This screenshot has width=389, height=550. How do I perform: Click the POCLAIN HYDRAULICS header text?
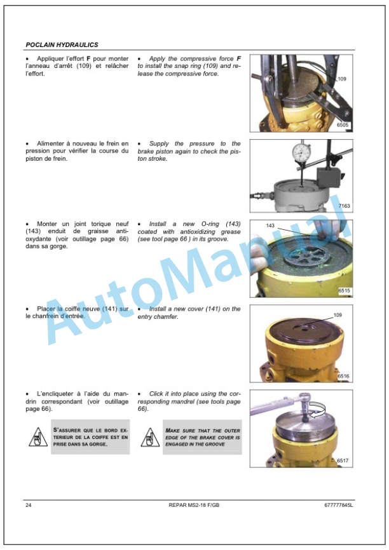coord(62,45)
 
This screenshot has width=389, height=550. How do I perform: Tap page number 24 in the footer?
coord(29,505)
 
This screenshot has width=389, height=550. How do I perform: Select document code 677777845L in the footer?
coord(338,505)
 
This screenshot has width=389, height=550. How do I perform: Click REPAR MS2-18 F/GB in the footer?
coord(194,505)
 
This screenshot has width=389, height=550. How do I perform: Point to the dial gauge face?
coord(301,151)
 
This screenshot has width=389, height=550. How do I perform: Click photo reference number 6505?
coord(343,125)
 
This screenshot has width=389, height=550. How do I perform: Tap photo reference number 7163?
coord(344,206)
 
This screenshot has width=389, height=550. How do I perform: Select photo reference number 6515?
coord(344,291)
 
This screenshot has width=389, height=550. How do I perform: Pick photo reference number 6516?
coord(343,376)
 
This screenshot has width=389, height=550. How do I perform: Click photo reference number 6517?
coord(343,460)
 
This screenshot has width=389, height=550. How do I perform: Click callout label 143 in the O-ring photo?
coord(270,225)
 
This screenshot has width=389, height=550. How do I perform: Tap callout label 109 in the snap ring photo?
coord(342,79)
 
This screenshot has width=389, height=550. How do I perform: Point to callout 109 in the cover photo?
coord(338,315)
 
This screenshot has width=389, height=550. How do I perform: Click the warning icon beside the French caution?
coord(38,437)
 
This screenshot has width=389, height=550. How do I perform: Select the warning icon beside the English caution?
coord(150,437)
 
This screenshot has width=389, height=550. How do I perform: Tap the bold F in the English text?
coord(239,58)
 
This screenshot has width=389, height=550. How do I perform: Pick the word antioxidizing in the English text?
coord(197,232)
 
